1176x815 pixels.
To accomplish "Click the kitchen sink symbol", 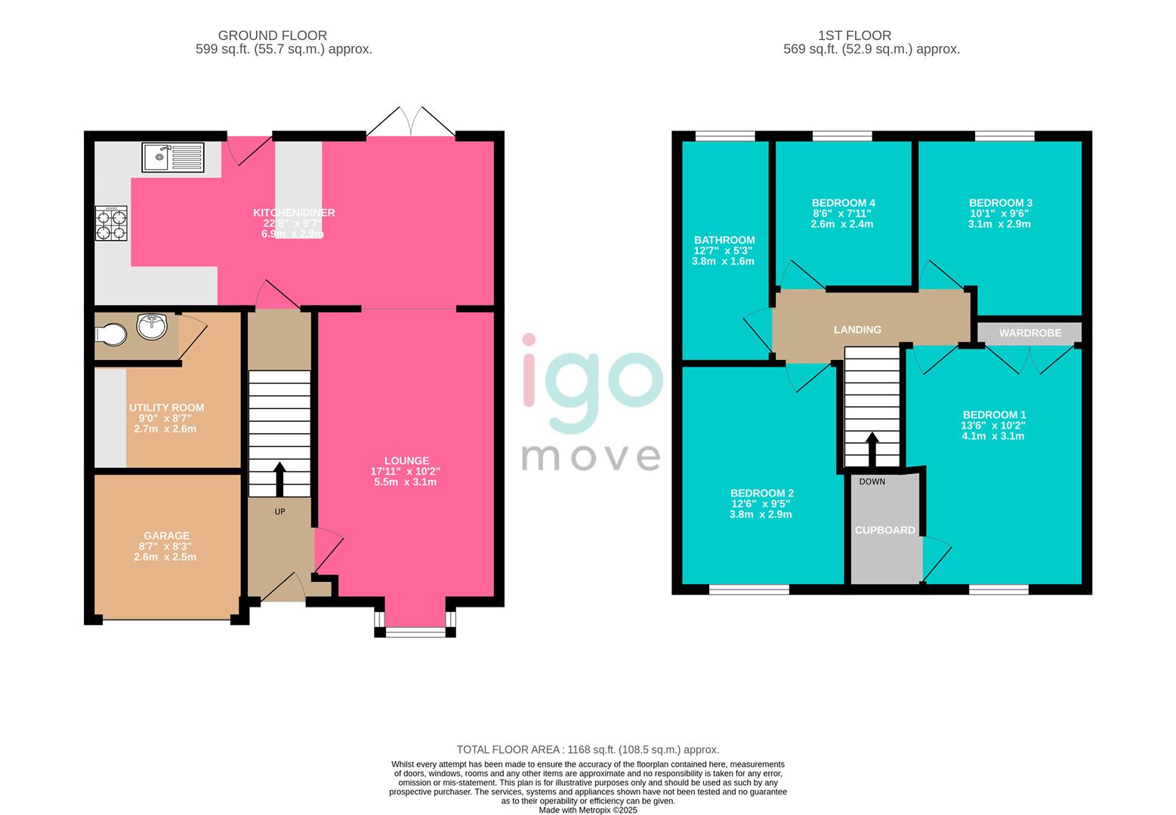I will (172, 157).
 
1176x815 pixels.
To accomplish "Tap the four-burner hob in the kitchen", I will (111, 224).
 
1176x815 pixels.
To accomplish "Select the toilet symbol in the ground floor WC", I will (111, 334).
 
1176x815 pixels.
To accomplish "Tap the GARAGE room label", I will (167, 536).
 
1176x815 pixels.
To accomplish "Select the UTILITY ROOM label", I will (166, 407).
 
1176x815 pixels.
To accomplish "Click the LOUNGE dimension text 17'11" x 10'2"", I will (406, 471).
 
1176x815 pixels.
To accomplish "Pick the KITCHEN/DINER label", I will (294, 213).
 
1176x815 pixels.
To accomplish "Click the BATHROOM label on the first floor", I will (724, 240).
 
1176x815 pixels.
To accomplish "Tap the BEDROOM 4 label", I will (843, 203).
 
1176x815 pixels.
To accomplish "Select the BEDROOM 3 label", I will (1000, 203).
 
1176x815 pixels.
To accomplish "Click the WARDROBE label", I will (1029, 333).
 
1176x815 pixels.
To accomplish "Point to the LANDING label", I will (857, 330).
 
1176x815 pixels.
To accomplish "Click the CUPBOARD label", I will (884, 531).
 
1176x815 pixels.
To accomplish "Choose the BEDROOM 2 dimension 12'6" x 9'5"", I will (761, 504).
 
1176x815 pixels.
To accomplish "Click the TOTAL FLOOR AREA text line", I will (588, 749).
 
